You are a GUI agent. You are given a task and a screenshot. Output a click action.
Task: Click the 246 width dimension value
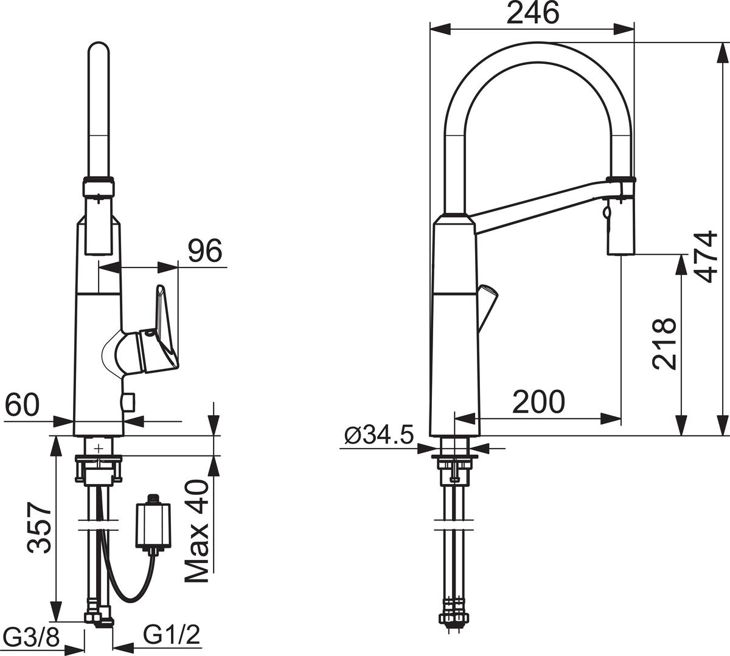(x=532, y=13)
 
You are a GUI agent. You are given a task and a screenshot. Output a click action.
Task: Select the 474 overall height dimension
(x=706, y=257)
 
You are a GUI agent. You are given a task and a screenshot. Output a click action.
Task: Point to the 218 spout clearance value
(x=664, y=344)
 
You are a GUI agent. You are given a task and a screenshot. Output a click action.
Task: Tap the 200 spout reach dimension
(x=538, y=402)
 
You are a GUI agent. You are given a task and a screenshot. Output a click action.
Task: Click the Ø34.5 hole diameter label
(x=379, y=435)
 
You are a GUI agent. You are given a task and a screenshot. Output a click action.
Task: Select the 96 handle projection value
(x=205, y=250)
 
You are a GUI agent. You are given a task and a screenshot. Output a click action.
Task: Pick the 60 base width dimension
(x=22, y=404)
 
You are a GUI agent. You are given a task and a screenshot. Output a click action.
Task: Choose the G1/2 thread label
(x=172, y=635)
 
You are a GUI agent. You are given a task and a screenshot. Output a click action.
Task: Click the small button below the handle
(x=128, y=401)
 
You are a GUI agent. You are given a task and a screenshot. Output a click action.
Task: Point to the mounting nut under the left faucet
(x=99, y=469)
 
